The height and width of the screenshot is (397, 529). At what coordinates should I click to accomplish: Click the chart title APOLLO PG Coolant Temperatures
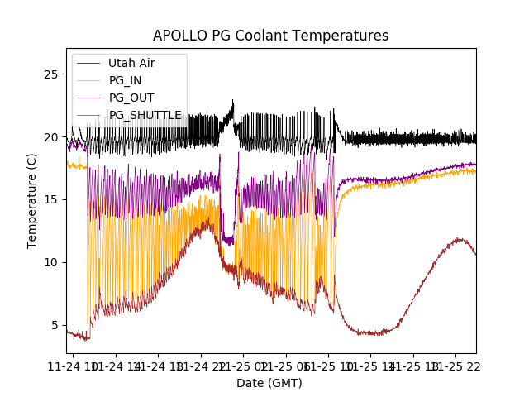tap(270, 36)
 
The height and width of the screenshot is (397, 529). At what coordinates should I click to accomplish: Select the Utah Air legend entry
tap(131, 63)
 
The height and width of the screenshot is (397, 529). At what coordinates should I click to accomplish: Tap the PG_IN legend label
tap(126, 80)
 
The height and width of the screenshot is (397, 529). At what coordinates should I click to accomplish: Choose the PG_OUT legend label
tap(131, 98)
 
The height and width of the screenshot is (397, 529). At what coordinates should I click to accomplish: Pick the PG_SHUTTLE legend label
tap(145, 115)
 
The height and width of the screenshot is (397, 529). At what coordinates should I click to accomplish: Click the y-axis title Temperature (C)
tap(32, 200)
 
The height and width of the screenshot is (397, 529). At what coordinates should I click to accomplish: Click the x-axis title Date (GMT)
tap(269, 383)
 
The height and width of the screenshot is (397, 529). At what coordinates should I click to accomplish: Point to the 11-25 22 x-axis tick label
tap(458, 366)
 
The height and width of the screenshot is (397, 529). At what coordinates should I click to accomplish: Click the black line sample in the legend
tap(88, 63)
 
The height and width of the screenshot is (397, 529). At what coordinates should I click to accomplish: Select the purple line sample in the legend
tap(88, 98)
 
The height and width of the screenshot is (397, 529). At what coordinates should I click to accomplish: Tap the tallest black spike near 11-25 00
tap(233, 102)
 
